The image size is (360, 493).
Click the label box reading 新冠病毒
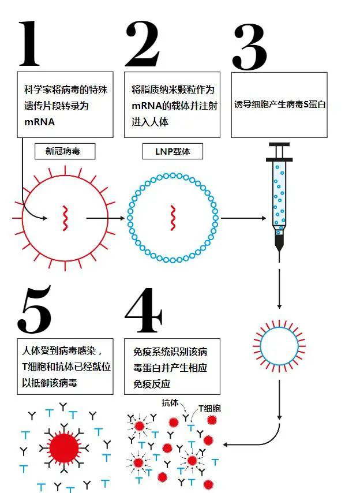[x=65, y=151]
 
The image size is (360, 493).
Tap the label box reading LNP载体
[x=172, y=151]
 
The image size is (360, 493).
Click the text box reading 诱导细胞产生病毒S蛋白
[x=279, y=105]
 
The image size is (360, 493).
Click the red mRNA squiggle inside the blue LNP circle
[x=172, y=218]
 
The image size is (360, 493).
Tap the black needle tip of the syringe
[x=279, y=253]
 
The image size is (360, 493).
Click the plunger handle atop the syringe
[x=279, y=146]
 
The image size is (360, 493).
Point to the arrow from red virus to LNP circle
[x=106, y=218]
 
